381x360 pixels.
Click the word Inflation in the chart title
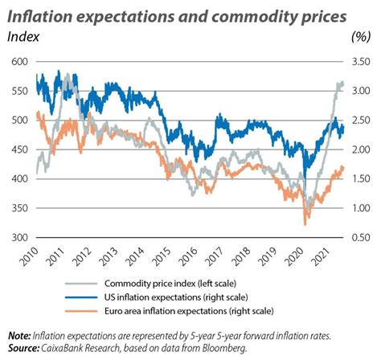click(42, 14)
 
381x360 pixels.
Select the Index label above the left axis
click(23, 35)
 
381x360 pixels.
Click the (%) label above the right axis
click(362, 35)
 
